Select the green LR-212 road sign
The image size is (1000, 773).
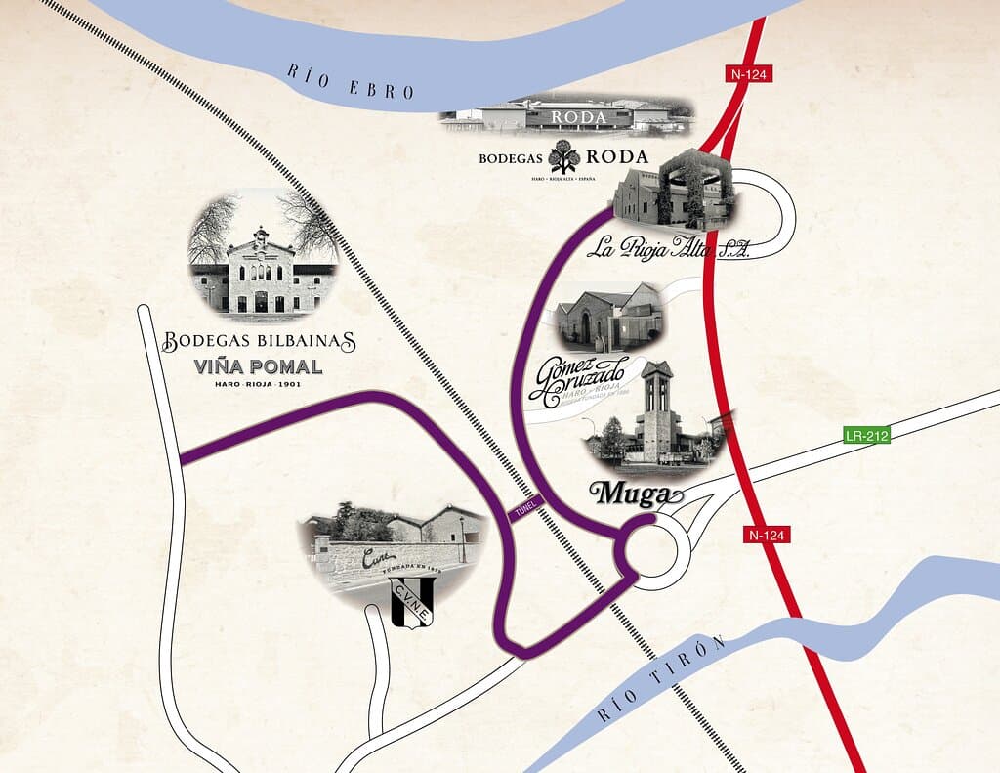[x=866, y=436]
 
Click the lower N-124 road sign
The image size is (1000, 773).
[x=769, y=535]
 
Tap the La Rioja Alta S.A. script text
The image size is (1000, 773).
[x=667, y=248]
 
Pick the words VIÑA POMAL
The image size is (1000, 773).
[x=259, y=368]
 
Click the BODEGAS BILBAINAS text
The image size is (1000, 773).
[x=259, y=343]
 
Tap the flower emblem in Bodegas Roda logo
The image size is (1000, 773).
[x=563, y=156]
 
